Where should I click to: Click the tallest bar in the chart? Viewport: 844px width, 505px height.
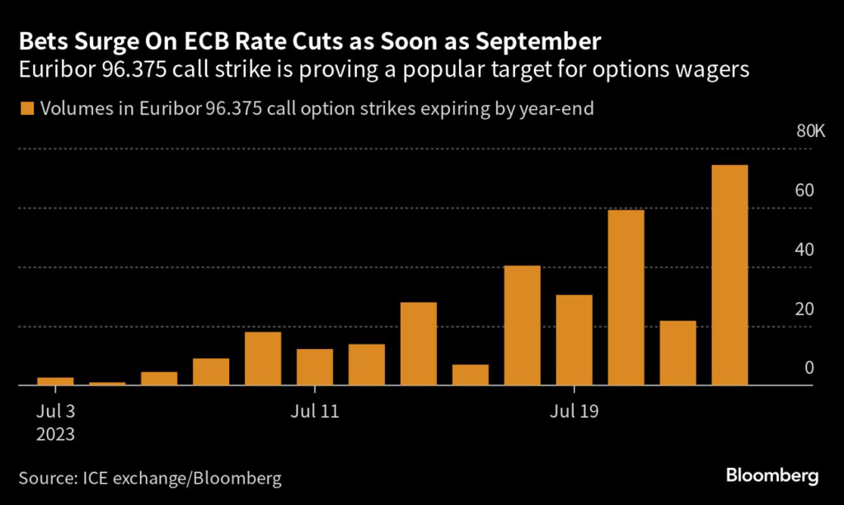point(729,275)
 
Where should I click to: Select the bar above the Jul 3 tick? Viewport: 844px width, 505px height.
point(55,381)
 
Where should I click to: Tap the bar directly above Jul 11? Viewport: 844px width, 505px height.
point(315,367)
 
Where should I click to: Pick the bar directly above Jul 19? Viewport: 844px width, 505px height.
point(574,340)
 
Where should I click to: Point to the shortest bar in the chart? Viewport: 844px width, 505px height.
point(107,384)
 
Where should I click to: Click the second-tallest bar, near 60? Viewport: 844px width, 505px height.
point(626,298)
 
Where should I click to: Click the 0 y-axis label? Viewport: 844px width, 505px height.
point(809,368)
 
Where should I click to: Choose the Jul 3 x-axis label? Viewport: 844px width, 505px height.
point(56,410)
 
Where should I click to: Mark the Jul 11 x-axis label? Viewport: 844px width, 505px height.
point(316,410)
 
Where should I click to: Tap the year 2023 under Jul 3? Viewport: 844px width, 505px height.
point(56,432)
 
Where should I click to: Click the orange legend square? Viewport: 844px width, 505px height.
point(27,108)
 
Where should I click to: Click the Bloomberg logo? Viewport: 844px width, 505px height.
point(772,476)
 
